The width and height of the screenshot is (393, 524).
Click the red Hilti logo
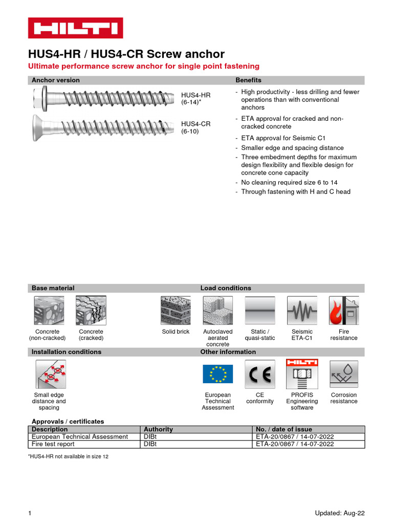(75, 28)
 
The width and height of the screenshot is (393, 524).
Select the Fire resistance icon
(343, 311)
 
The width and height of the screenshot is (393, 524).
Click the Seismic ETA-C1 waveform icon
(302, 311)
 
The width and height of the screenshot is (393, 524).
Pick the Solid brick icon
(176, 311)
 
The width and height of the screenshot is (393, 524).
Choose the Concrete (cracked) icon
(91, 311)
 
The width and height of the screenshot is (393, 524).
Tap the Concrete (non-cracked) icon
(49, 311)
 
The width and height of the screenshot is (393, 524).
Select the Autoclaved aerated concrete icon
(218, 311)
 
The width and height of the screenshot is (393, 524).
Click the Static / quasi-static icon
(260, 311)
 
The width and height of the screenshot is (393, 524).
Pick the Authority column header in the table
(159, 429)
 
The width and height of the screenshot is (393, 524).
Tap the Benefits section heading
(248, 80)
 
